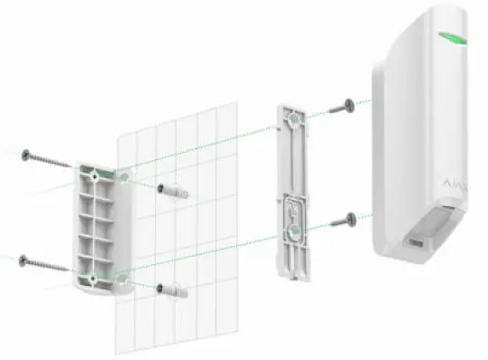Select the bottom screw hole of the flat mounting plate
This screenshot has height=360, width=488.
[x=294, y=231]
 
